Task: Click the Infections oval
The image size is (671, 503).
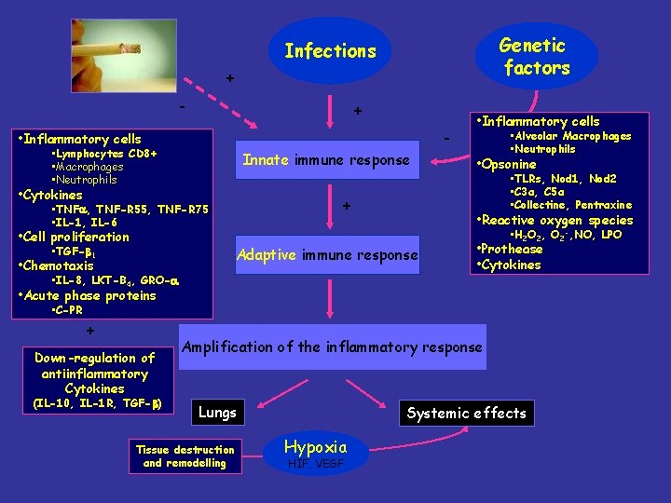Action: [330, 51]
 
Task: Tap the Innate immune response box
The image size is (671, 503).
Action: [326, 160]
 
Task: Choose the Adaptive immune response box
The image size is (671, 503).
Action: [327, 254]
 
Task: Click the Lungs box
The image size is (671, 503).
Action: [218, 412]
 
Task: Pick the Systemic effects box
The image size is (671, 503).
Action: [466, 413]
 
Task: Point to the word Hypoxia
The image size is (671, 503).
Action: [315, 446]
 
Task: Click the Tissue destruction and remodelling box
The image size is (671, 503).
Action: [185, 456]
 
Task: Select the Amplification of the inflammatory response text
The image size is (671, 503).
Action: [333, 347]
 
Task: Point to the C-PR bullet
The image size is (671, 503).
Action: [68, 310]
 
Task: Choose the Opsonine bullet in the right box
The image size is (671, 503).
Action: [509, 164]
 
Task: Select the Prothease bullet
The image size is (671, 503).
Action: [512, 250]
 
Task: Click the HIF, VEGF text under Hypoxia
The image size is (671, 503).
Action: [316, 463]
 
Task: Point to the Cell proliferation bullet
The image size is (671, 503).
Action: [76, 237]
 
